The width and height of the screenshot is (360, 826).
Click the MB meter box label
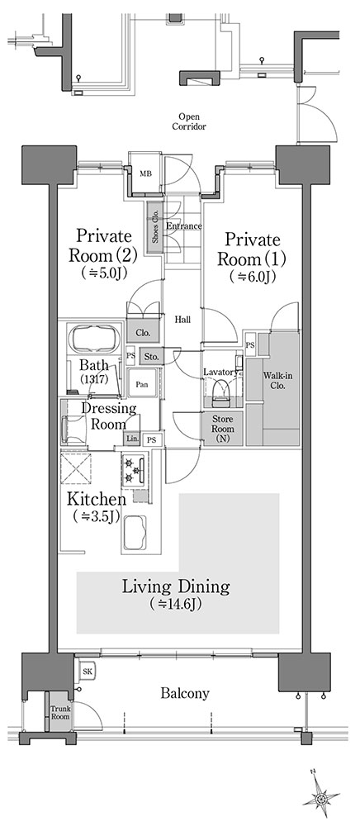[x=145, y=173]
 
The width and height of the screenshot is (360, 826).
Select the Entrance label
[x=184, y=226]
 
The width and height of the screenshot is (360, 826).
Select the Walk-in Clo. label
[x=274, y=379]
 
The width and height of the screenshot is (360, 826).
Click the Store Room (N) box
[x=223, y=429]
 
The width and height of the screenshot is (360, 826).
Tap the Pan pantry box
[x=142, y=385]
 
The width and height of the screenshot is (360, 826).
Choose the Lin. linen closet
[x=131, y=439]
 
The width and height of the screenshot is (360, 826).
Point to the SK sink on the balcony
[x=85, y=672]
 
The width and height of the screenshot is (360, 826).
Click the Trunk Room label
[x=60, y=714]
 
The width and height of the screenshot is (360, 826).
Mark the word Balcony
[x=184, y=694]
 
